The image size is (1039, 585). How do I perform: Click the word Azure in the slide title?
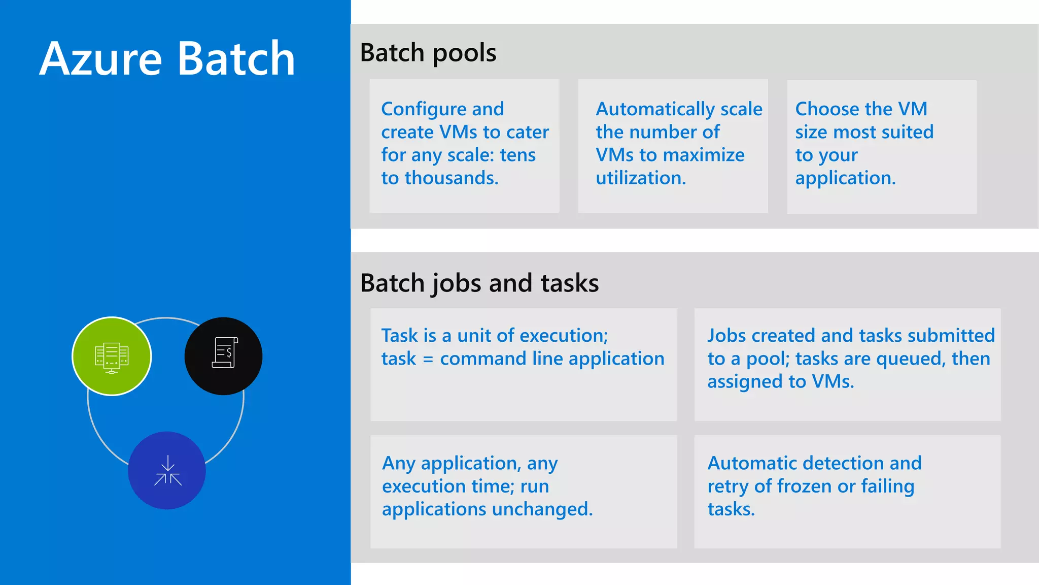(100, 59)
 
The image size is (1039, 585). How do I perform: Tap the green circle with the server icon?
(112, 356)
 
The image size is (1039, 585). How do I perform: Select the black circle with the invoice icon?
(223, 356)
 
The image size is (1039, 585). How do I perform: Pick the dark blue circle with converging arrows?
(167, 470)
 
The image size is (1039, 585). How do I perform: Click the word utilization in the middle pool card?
(641, 178)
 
